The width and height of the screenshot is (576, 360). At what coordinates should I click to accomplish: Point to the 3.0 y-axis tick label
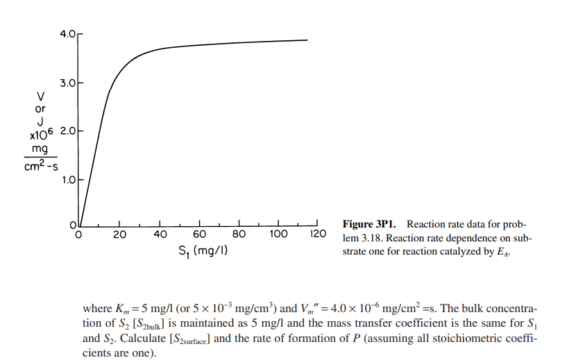pyautogui.click(x=66, y=83)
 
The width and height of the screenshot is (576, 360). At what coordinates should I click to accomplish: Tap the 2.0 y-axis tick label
pyautogui.click(x=66, y=131)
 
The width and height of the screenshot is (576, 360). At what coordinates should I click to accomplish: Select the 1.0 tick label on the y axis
pyautogui.click(x=66, y=180)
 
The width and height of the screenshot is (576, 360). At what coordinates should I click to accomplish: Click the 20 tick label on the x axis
pyautogui.click(x=119, y=234)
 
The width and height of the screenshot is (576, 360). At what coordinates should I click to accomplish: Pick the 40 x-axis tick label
pyautogui.click(x=160, y=234)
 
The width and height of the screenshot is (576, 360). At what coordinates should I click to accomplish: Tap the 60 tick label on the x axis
pyautogui.click(x=199, y=234)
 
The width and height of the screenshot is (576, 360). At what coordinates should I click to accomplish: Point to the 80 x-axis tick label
pyautogui.click(x=239, y=234)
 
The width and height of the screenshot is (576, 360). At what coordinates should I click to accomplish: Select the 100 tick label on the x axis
pyautogui.click(x=278, y=234)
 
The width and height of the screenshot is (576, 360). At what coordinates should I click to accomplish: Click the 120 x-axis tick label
pyautogui.click(x=318, y=234)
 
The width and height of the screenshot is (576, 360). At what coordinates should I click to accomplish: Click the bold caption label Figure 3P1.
pyautogui.click(x=371, y=224)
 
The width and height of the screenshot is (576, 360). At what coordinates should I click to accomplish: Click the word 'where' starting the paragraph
pyautogui.click(x=96, y=308)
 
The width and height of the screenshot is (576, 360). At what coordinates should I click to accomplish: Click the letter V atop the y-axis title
pyautogui.click(x=40, y=96)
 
